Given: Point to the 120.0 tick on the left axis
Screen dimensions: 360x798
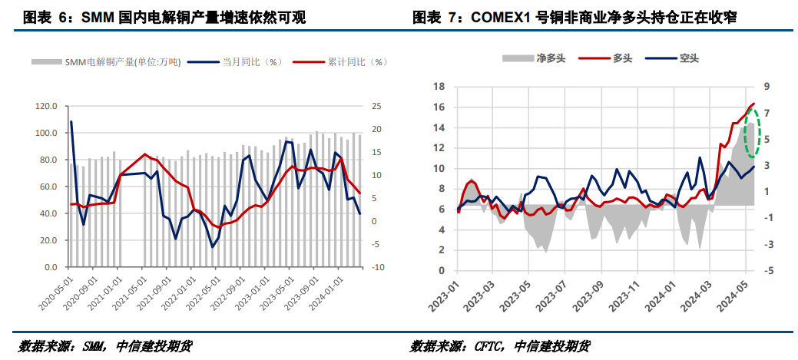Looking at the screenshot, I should [x=46, y=106].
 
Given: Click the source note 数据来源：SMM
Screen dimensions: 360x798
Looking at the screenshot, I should [x=104, y=345].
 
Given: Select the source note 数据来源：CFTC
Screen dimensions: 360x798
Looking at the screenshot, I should [x=500, y=345].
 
